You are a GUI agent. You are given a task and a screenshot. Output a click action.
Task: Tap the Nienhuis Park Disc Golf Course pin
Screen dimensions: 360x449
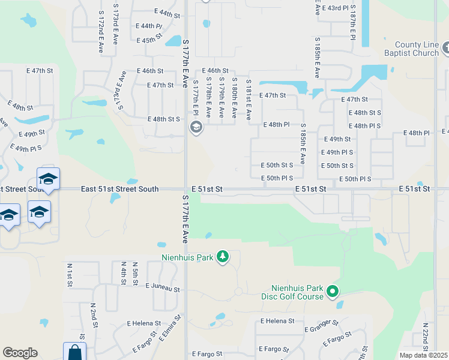click(332, 293)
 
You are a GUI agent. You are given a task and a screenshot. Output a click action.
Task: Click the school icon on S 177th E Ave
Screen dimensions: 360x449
click(196, 127)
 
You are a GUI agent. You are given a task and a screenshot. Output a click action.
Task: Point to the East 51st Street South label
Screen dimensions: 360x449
click(119, 189)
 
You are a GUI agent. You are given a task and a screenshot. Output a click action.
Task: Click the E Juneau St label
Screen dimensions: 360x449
click(163, 289)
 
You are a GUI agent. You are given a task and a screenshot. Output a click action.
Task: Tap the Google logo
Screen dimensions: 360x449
click(20, 353)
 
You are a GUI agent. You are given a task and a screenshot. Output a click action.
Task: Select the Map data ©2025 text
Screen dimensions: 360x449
click(424, 355)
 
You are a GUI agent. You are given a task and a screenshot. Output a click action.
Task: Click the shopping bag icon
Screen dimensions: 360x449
click(74, 353)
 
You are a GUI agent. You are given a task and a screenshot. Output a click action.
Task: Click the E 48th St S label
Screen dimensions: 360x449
click(164, 119)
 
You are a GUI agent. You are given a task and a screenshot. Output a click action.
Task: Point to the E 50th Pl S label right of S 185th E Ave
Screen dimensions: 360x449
click(355, 179)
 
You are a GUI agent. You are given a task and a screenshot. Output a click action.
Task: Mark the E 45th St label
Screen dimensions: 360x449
click(150, 40)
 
